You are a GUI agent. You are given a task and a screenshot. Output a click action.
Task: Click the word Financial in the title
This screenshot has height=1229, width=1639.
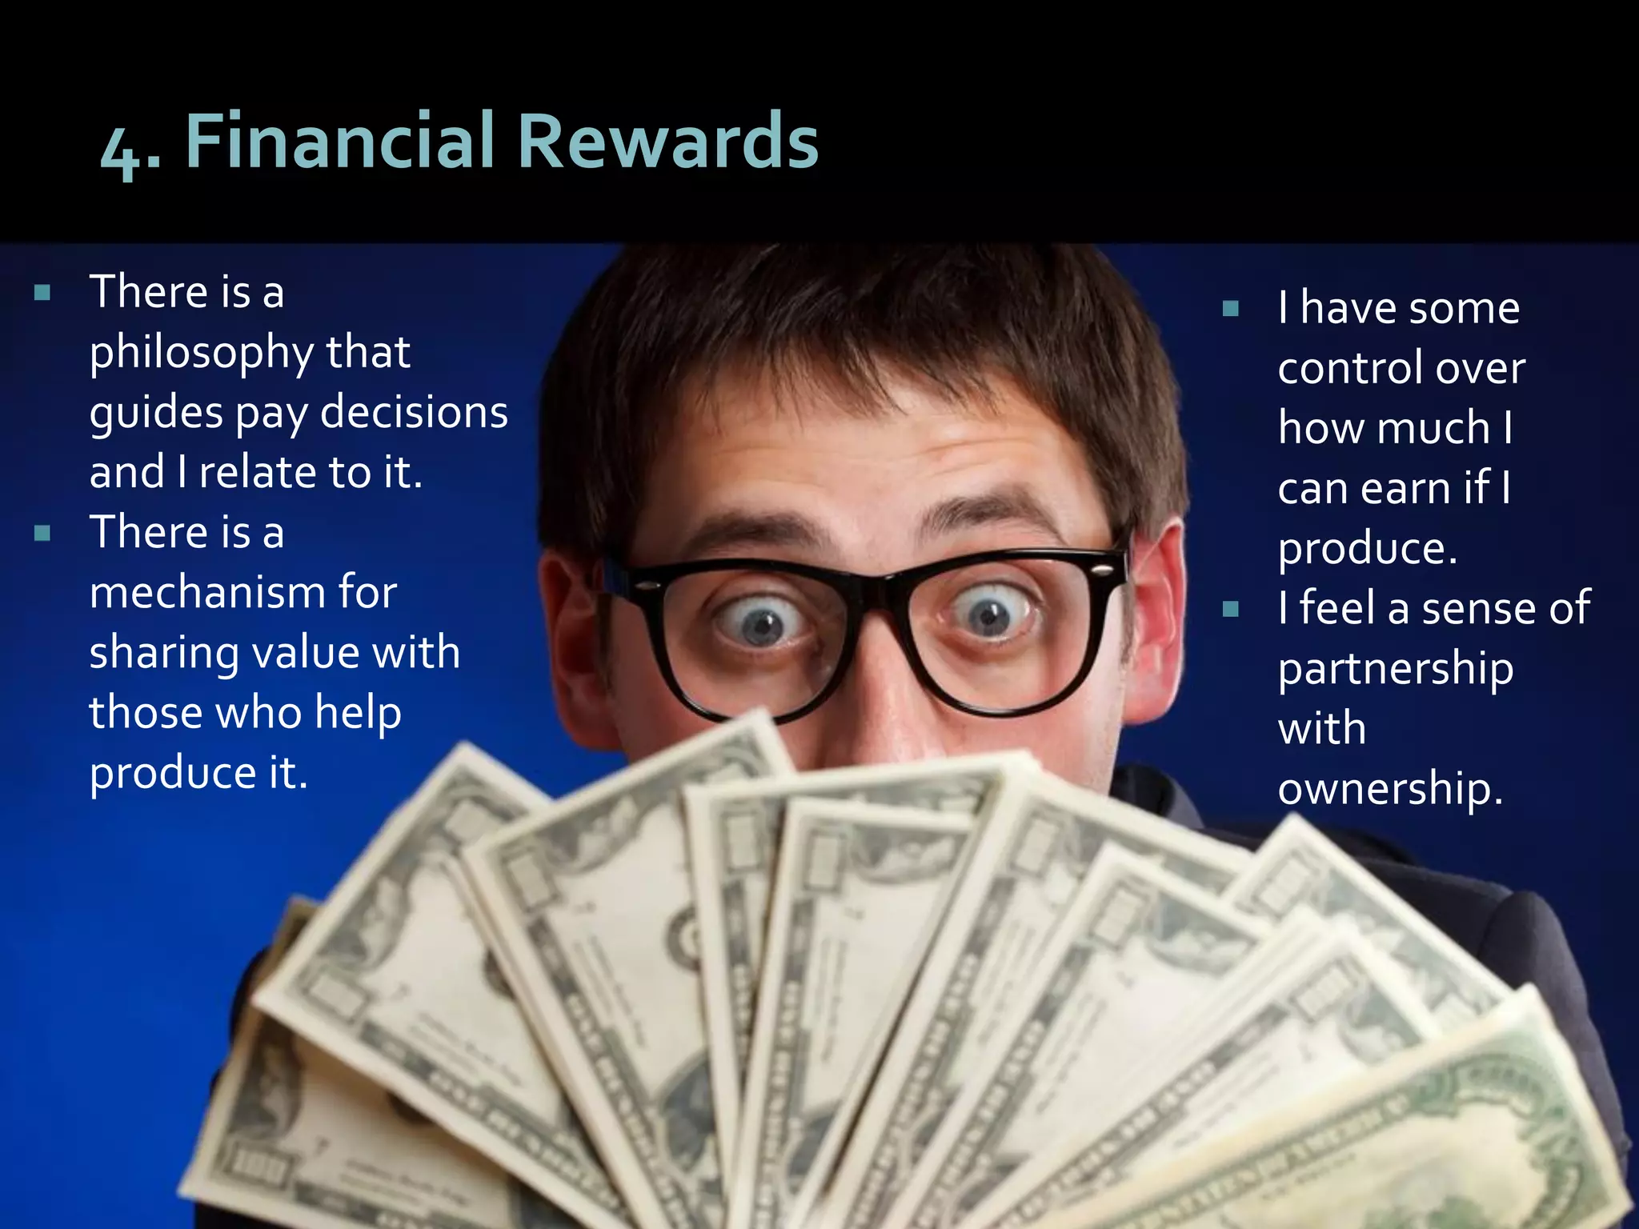(343, 142)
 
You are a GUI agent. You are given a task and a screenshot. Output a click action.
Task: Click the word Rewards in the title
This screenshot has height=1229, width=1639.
(668, 142)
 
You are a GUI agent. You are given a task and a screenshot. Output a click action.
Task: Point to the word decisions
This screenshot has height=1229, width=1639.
(414, 412)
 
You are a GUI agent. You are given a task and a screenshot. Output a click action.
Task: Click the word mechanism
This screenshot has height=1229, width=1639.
(204, 592)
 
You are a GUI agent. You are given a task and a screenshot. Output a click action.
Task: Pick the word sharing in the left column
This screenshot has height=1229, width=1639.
(163, 653)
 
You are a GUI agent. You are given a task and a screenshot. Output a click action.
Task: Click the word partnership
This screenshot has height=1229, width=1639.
(1396, 670)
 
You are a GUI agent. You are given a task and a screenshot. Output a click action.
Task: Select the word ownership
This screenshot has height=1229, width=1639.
(1390, 789)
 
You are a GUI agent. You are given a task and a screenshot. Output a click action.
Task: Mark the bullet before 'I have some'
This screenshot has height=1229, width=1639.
(1231, 309)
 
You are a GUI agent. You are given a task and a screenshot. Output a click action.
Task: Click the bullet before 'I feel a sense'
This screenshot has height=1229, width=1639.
(1231, 610)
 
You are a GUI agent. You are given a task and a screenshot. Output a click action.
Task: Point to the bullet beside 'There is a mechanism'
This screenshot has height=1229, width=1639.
(42, 533)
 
